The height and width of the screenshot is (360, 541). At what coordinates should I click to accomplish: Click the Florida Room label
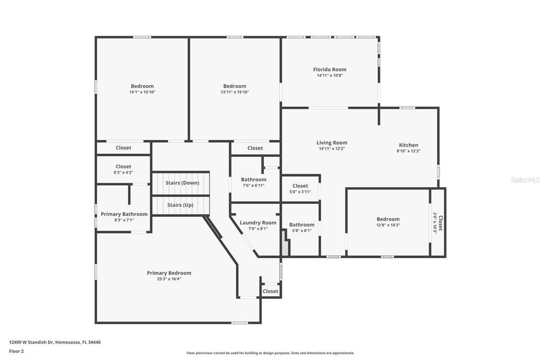point(330,69)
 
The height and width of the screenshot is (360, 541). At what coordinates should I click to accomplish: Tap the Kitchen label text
point(408,145)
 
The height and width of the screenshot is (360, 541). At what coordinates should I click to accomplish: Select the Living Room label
point(332,143)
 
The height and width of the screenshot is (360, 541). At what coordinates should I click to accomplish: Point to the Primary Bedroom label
point(169,273)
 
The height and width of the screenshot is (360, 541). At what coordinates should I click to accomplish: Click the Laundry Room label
point(258,223)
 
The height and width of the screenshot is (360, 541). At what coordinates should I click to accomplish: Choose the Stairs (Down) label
point(182,183)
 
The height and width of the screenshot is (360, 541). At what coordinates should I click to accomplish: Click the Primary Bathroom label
point(124,214)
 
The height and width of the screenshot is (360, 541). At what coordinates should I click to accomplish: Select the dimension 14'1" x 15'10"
point(142,92)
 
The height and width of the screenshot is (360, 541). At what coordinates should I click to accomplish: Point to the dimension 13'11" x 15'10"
point(235,92)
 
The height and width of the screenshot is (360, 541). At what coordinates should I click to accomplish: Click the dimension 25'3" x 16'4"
point(169,279)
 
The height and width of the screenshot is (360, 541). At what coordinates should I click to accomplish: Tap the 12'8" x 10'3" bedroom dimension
point(388,225)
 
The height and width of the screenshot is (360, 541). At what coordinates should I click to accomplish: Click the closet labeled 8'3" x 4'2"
point(124,169)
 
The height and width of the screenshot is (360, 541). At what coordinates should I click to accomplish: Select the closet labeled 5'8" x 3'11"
point(300,188)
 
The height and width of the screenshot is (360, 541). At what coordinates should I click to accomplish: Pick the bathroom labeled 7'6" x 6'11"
point(254,182)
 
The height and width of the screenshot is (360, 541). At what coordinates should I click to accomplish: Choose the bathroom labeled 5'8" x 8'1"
point(302,228)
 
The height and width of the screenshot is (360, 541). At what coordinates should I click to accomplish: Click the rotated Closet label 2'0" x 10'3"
point(438,223)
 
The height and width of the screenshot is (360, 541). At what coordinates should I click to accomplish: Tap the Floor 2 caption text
point(16,350)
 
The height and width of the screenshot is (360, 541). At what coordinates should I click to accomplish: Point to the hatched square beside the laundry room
point(285,248)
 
